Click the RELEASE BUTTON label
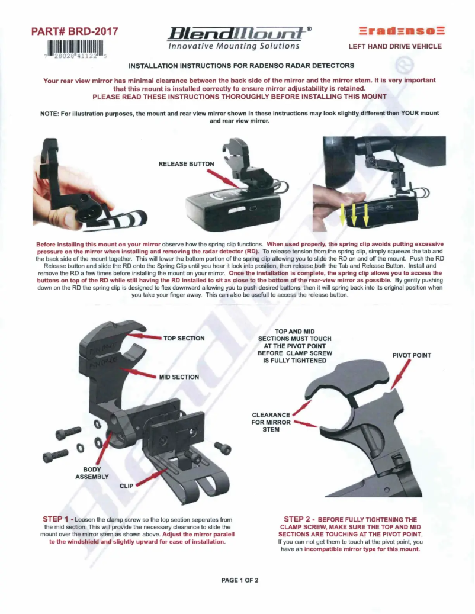(x=187, y=163)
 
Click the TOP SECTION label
(x=184, y=338)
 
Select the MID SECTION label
(x=179, y=376)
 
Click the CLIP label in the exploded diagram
(x=127, y=486)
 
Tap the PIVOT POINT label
(x=412, y=356)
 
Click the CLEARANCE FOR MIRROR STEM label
(x=271, y=422)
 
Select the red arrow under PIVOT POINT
(x=403, y=377)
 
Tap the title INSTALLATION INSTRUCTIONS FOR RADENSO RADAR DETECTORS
(x=241, y=65)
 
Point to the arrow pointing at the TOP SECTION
(x=144, y=336)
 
